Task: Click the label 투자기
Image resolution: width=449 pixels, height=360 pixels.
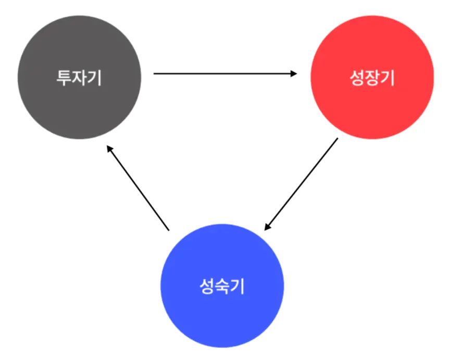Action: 79,78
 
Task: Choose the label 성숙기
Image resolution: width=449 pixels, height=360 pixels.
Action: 222,286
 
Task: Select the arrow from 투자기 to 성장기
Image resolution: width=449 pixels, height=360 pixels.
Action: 224,74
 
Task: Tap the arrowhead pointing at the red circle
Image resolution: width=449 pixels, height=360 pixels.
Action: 294,74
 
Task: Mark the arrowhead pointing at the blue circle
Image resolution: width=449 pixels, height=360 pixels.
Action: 267,227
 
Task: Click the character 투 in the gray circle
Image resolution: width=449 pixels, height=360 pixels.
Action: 64,78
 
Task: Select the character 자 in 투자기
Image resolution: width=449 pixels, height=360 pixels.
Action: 80,78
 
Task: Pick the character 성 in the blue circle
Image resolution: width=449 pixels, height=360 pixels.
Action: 207,286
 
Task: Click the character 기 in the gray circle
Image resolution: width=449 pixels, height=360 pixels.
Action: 94,78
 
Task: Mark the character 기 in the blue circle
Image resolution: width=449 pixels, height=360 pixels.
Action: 238,286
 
